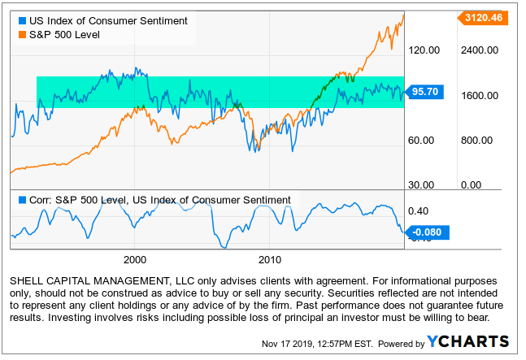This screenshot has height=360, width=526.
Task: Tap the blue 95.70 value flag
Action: [x=426, y=92]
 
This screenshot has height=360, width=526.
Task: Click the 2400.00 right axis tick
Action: [x=479, y=50]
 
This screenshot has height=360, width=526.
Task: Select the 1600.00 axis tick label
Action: [x=479, y=95]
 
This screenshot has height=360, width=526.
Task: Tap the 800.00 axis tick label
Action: [x=477, y=140]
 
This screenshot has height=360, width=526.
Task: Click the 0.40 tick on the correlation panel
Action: [x=418, y=210]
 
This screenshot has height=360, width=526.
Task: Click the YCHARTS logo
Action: [x=469, y=342]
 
